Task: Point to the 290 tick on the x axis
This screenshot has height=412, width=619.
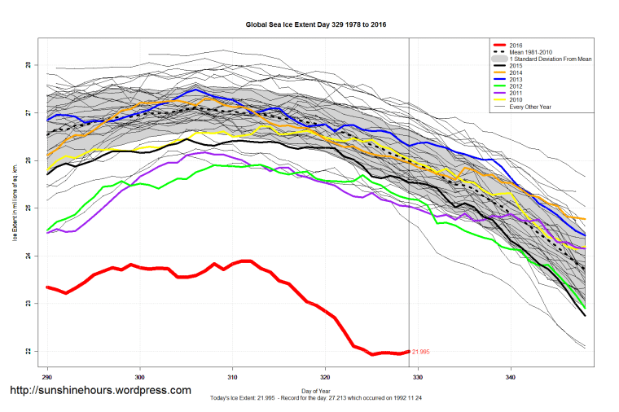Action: pyautogui.click(x=47, y=377)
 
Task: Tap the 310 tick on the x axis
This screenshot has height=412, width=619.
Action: pyautogui.click(x=233, y=377)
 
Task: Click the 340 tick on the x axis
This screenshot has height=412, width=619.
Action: pyautogui.click(x=511, y=377)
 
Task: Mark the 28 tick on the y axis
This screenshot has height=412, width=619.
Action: pyautogui.click(x=28, y=65)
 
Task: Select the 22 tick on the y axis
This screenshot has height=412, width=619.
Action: pyautogui.click(x=28, y=351)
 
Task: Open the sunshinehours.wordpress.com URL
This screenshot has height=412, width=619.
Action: pyautogui.click(x=99, y=391)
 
